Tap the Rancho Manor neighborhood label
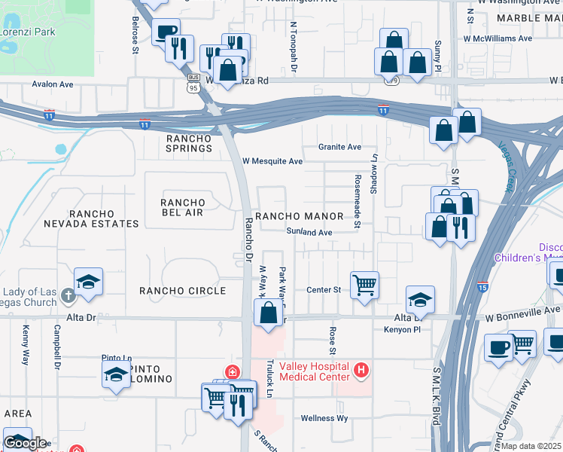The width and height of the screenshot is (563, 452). click(x=299, y=216)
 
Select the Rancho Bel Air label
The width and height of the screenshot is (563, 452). click(x=183, y=207)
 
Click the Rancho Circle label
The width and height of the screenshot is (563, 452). click(x=183, y=291)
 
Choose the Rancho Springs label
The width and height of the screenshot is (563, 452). click(x=189, y=143)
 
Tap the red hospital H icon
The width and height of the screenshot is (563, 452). click(x=361, y=370)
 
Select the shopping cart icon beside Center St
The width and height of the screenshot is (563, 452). click(x=364, y=286)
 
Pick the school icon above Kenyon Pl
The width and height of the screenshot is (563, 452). click(x=420, y=299)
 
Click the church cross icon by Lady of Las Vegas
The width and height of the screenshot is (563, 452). click(x=68, y=296)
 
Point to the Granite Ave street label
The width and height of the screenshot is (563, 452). click(x=339, y=147)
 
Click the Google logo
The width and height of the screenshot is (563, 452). click(x=24, y=443)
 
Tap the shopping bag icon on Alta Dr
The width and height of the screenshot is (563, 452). click(x=268, y=312)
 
